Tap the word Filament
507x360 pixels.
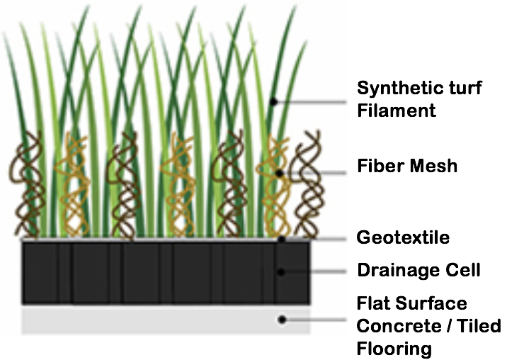397,110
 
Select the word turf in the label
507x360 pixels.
465,88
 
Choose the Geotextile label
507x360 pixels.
403,237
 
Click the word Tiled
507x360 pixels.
484,326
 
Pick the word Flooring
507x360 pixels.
394,349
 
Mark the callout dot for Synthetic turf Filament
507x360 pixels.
273,101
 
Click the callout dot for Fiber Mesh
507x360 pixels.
280,174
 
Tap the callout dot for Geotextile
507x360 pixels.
282,240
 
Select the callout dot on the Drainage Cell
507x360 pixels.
281,271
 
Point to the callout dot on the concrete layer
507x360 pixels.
282,320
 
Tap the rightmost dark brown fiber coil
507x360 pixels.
307,184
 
